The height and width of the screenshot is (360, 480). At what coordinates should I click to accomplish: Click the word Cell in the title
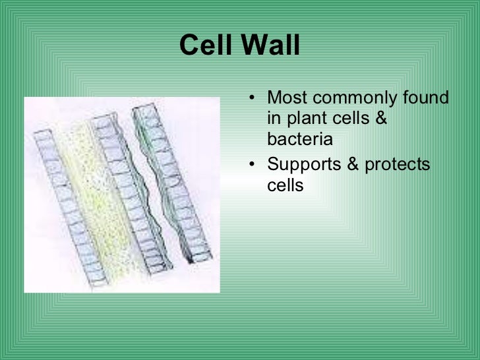[206, 45]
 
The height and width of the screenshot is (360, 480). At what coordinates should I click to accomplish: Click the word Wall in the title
[270, 45]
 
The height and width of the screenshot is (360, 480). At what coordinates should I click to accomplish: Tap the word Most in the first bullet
[287, 98]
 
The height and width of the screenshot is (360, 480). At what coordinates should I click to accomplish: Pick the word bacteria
[300, 139]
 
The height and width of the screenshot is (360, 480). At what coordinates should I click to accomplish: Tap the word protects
[398, 165]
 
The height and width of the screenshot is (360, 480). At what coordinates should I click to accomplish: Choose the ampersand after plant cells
[381, 118]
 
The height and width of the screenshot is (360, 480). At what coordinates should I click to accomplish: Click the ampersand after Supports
[353, 164]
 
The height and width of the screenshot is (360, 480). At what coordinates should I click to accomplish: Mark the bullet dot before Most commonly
[252, 98]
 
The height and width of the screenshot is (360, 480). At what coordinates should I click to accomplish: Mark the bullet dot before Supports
[252, 165]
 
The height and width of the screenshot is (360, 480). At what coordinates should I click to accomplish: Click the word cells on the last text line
[285, 185]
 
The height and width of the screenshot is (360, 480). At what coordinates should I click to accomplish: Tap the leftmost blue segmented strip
[70, 208]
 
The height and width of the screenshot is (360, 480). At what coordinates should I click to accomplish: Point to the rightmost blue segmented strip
[171, 183]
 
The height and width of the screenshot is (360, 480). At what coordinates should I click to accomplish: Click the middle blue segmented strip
[132, 193]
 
